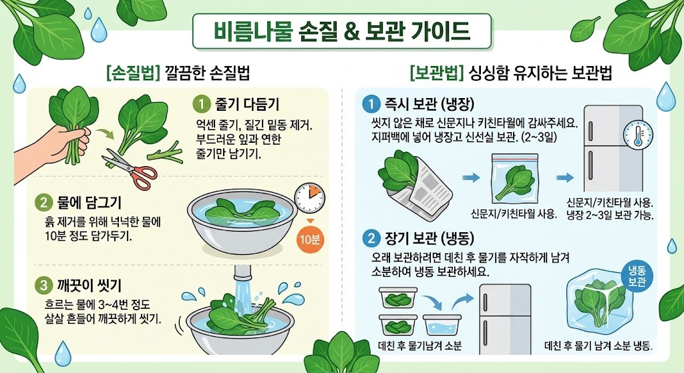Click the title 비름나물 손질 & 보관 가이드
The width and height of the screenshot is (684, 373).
(x=341, y=31)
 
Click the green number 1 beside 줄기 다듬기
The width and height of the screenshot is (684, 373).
(x=200, y=104)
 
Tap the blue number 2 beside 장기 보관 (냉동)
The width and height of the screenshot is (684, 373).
(x=369, y=237)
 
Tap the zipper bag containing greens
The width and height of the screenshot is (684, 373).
(x=514, y=179)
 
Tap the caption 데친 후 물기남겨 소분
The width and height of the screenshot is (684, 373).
(x=419, y=346)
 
